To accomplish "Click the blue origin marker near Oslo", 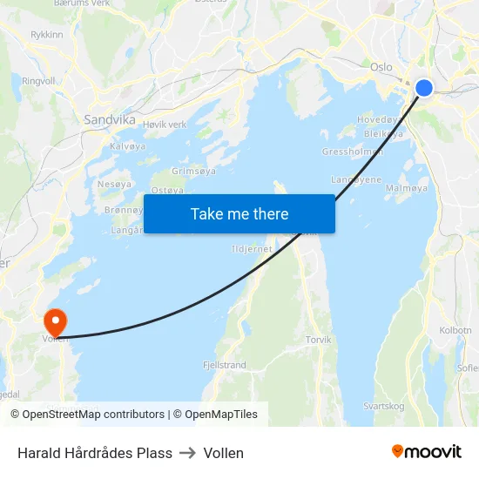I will coord(424,87).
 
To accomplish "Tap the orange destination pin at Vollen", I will coord(55,321).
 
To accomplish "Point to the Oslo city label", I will coord(381,67).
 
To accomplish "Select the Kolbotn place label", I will coord(455,331).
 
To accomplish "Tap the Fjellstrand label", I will coord(224,365).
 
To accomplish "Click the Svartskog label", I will coord(384,406).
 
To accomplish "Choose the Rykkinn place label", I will coord(47,35).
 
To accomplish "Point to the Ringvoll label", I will coord(38,80).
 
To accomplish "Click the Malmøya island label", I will coord(406,187).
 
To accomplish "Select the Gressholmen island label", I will coord(353,152).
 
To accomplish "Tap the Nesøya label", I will coord(114,185).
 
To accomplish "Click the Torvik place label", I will coord(318,340).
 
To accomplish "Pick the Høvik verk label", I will coord(165,125).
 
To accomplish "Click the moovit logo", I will coord(426,452).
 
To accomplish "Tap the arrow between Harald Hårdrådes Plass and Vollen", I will coord(188,453).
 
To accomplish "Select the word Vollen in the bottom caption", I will coord(224,453).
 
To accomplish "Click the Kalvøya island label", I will coord(127,146).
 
